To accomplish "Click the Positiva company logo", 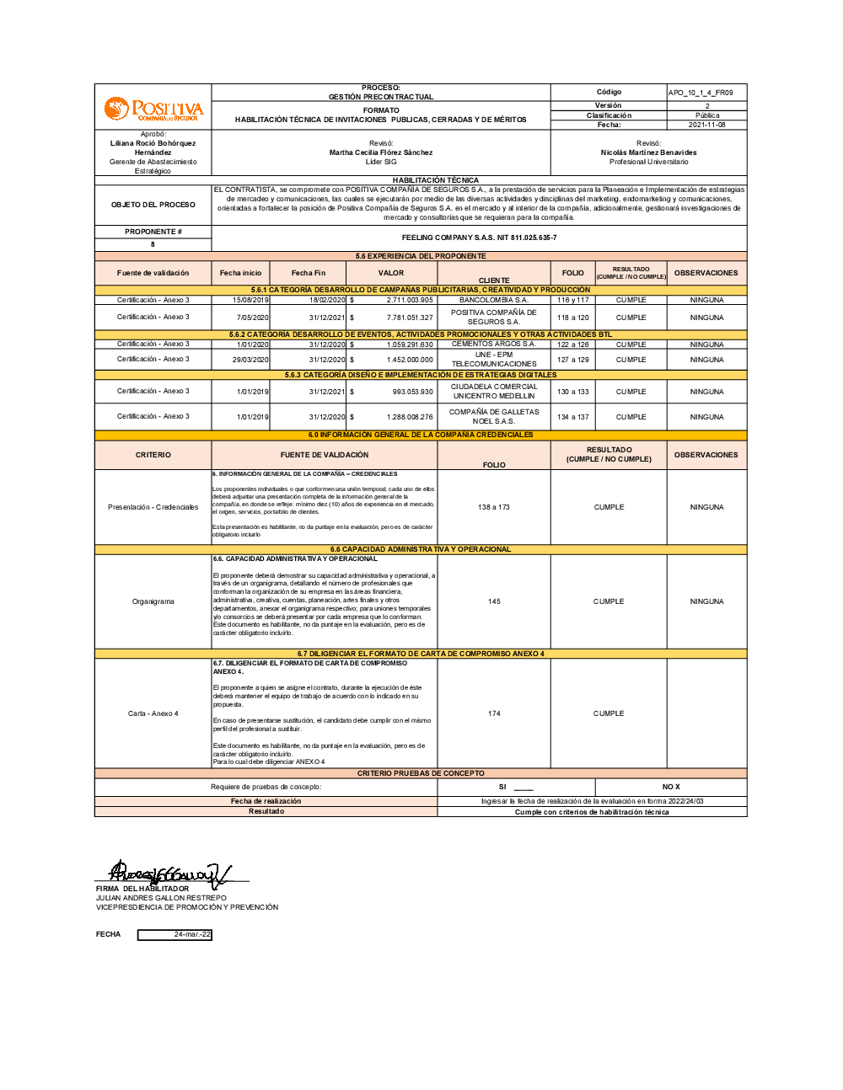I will click(x=153, y=109).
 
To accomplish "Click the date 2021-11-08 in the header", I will click(x=706, y=125).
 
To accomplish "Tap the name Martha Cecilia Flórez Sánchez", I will click(x=381, y=152).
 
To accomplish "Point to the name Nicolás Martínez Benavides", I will click(x=648, y=152).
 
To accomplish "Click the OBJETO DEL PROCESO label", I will click(x=153, y=205).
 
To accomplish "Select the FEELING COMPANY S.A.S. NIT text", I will click(x=479, y=238).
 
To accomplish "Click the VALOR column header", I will click(x=391, y=273).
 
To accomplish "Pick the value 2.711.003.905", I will click(x=410, y=300).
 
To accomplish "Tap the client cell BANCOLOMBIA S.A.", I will click(x=494, y=300).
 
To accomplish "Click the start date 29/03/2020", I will click(x=252, y=360).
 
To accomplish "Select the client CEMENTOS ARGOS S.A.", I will click(x=494, y=344).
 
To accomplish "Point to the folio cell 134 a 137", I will click(x=573, y=417).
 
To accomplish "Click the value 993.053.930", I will click(x=412, y=392).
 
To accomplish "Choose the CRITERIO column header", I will click(x=153, y=455).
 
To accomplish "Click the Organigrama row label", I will click(x=153, y=601).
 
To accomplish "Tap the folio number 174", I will click(x=494, y=713).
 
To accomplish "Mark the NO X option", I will click(x=671, y=787).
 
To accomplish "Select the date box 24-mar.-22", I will click(x=175, y=934).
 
